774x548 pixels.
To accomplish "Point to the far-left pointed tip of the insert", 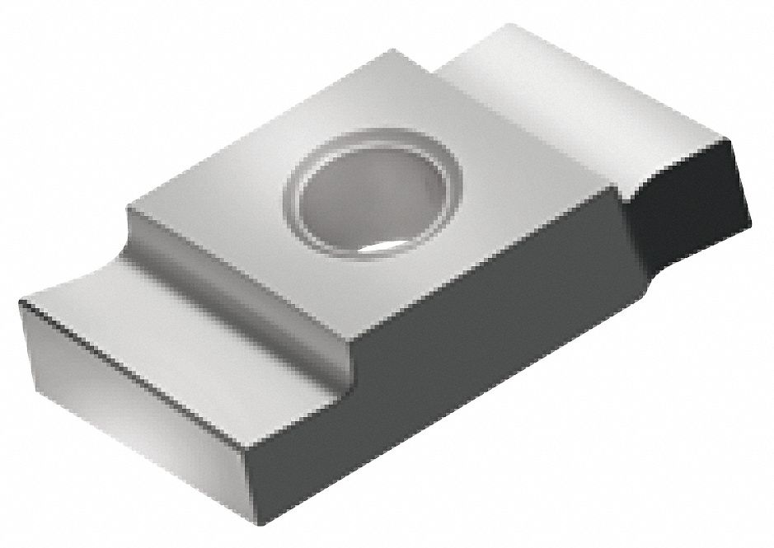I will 18,304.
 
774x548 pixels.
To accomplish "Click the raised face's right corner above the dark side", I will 616,187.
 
